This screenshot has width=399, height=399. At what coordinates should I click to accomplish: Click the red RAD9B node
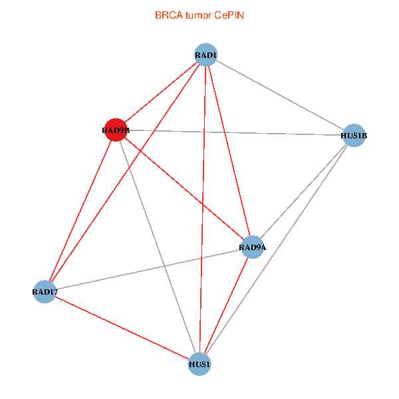click(x=116, y=130)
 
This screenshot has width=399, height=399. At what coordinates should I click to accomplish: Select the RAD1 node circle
click(x=206, y=55)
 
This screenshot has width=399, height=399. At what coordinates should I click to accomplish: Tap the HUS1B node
click(x=354, y=136)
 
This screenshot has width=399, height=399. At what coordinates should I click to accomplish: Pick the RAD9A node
click(x=253, y=247)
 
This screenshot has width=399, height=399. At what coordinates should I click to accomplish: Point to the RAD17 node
click(x=45, y=292)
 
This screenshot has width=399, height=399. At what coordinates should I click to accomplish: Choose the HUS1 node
click(x=199, y=364)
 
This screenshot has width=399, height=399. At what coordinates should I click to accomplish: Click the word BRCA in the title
click(x=169, y=15)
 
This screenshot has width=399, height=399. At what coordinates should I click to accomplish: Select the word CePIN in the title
click(x=229, y=15)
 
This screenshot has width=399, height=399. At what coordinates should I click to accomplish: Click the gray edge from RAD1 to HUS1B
click(x=280, y=95)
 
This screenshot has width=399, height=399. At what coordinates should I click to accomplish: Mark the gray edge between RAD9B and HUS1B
click(x=235, y=132)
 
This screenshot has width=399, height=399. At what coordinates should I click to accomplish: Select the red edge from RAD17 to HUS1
click(x=122, y=328)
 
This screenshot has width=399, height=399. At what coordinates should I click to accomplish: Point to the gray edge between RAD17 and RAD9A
click(x=148, y=269)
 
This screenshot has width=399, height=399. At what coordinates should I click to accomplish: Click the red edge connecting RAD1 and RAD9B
click(x=161, y=92)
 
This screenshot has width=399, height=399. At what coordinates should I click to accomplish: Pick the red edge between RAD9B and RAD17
click(x=80, y=211)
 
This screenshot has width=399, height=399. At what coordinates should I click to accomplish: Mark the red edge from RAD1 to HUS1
click(x=203, y=209)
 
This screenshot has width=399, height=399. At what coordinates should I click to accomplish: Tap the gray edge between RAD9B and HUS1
click(x=158, y=247)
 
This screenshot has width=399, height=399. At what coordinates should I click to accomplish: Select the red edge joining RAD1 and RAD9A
click(x=229, y=151)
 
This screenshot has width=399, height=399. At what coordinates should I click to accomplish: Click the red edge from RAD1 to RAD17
click(x=125, y=173)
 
